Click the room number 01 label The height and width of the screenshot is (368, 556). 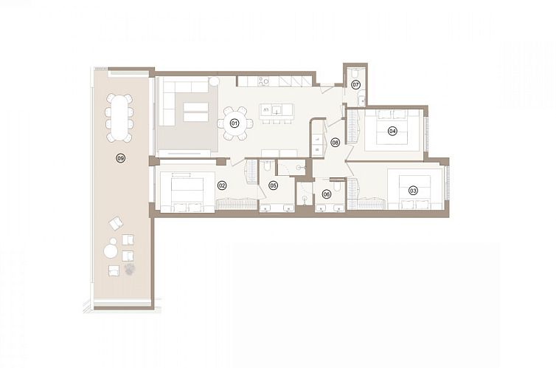click(x=235, y=123)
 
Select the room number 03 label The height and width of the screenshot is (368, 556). click(x=413, y=191)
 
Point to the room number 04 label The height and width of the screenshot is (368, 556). click(x=392, y=132)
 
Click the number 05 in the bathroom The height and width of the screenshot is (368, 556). click(x=272, y=185)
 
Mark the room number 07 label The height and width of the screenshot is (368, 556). click(x=355, y=85)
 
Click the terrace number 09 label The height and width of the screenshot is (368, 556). click(x=120, y=158)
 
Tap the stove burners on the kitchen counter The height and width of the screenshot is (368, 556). click(x=265, y=80)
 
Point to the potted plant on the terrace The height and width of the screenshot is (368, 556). click(x=131, y=269)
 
